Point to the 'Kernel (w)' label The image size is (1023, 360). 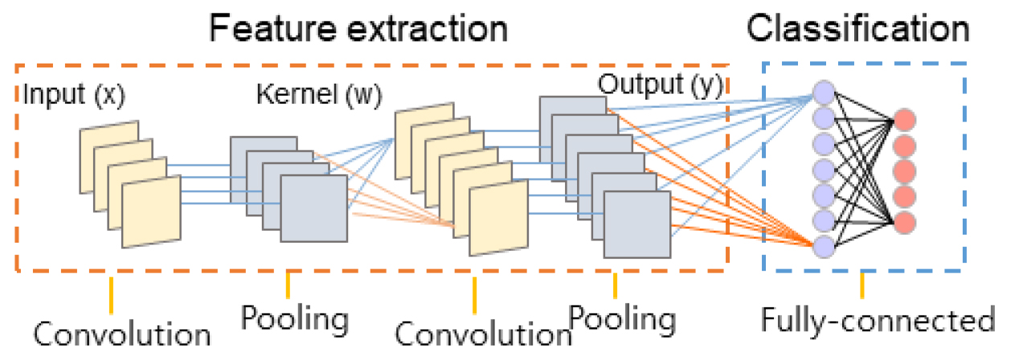[318, 94]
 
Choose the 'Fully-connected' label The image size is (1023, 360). [878, 321]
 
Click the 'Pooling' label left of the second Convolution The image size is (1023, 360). [295, 318]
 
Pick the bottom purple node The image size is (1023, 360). [824, 246]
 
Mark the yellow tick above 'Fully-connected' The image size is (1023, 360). [862, 284]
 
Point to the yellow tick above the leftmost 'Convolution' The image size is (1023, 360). [111, 289]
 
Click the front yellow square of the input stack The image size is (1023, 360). [151, 207]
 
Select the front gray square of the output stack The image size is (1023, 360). [636, 224]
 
